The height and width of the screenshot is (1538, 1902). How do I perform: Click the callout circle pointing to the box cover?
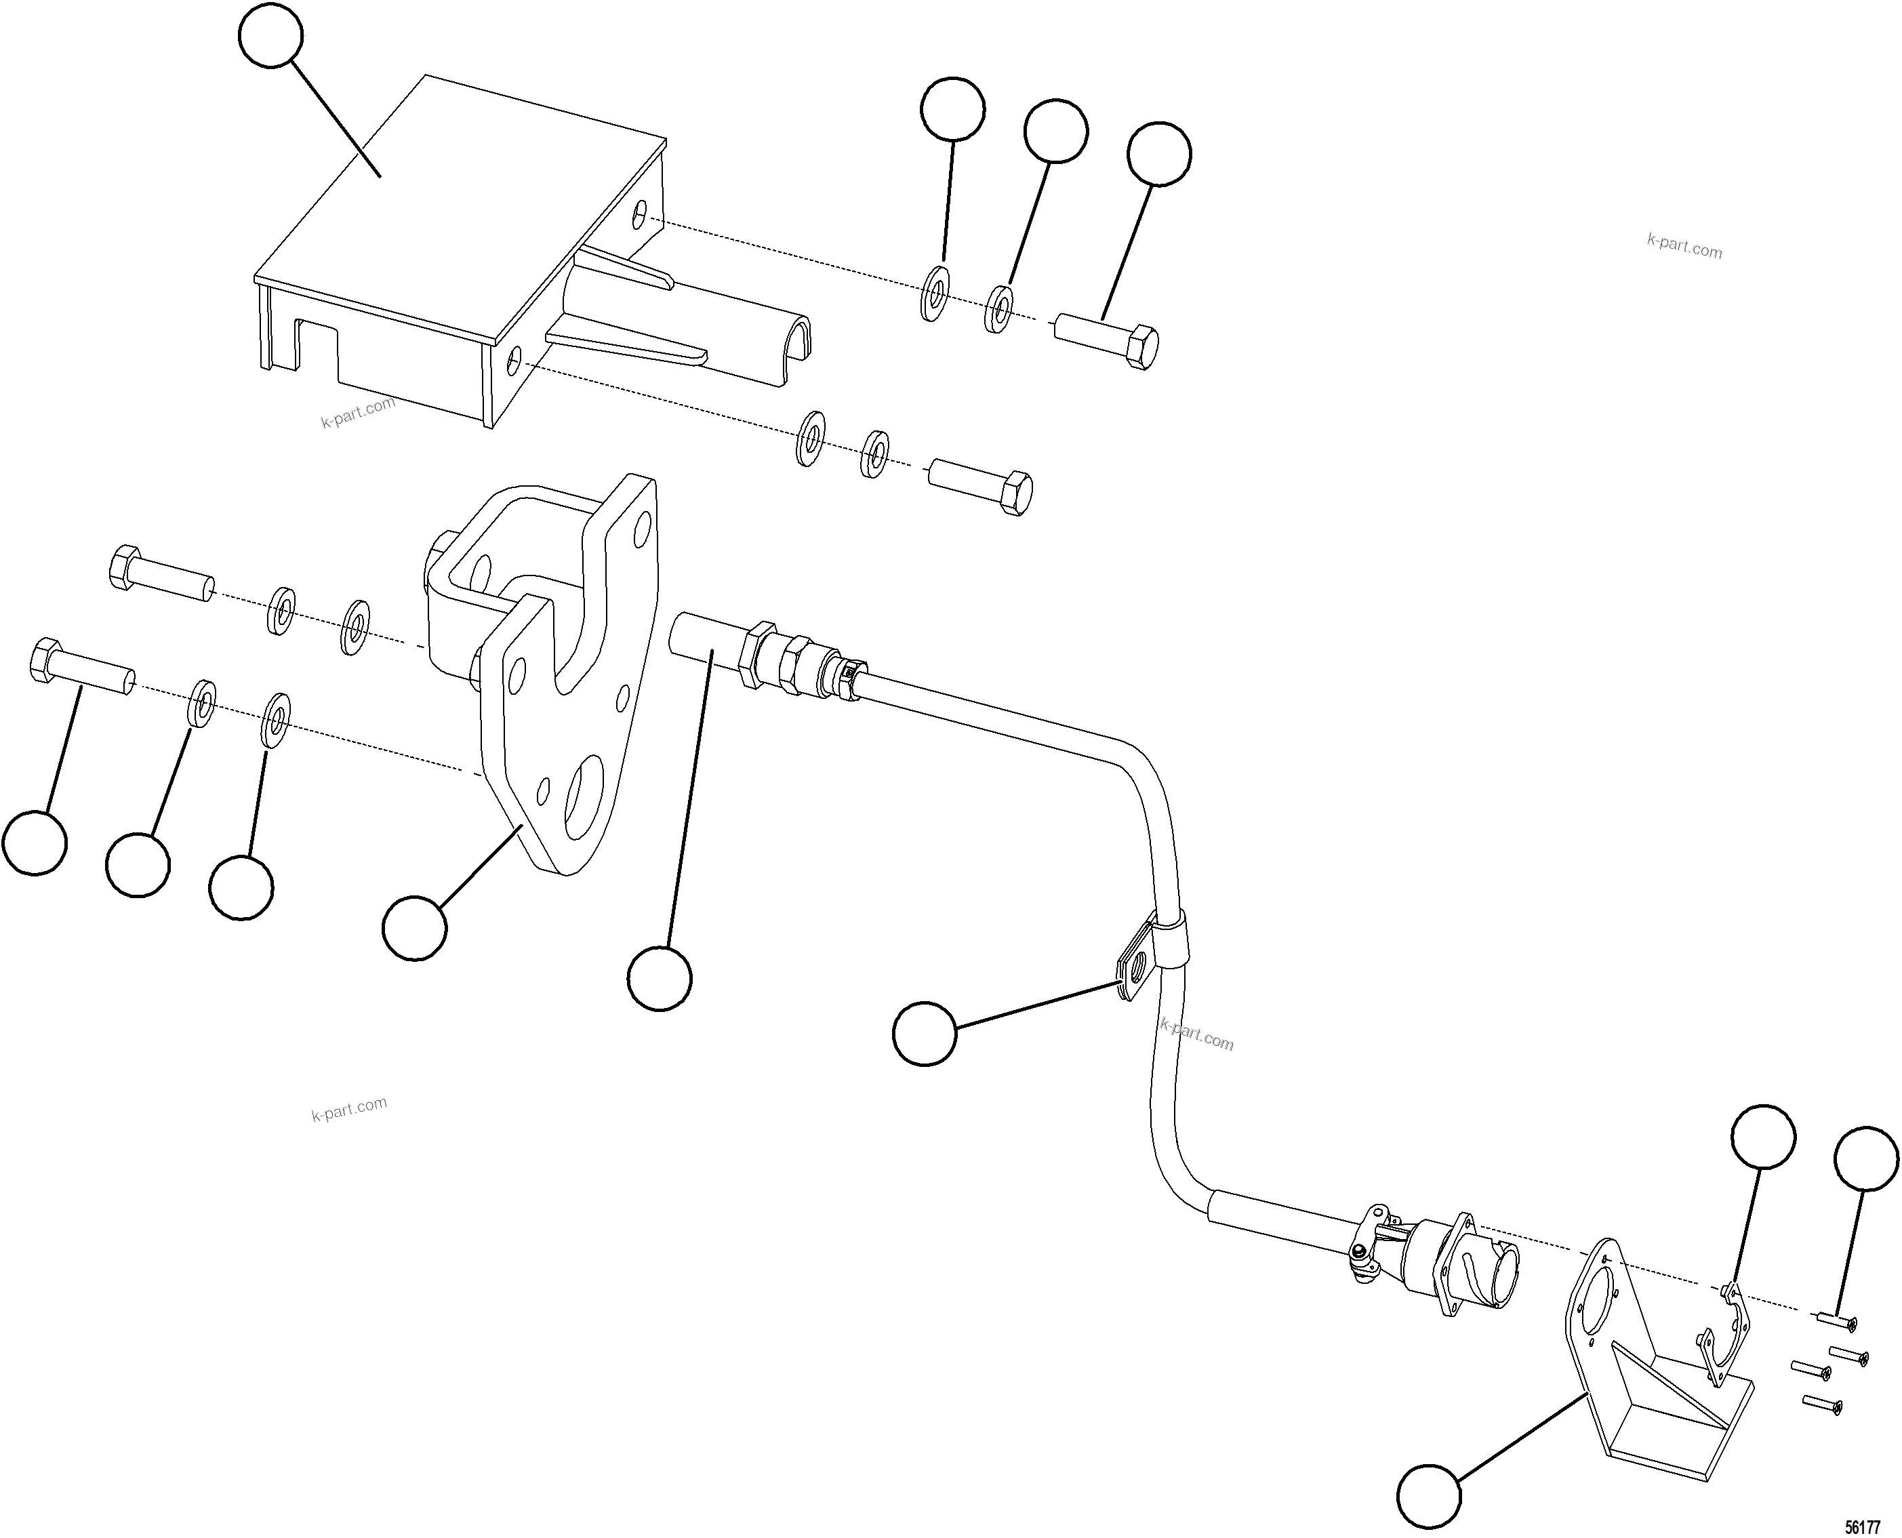tap(271, 35)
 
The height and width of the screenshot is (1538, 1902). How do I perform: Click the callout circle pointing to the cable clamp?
tap(925, 1034)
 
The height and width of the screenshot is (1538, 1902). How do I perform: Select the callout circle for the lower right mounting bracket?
tap(1429, 1497)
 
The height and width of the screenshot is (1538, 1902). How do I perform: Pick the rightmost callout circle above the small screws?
tap(1865, 1158)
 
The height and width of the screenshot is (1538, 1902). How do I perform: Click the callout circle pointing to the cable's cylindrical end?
tap(659, 978)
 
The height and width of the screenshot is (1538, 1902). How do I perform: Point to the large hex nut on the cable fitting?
tap(759, 655)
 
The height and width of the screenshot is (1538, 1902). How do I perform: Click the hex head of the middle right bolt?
tap(1015, 494)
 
